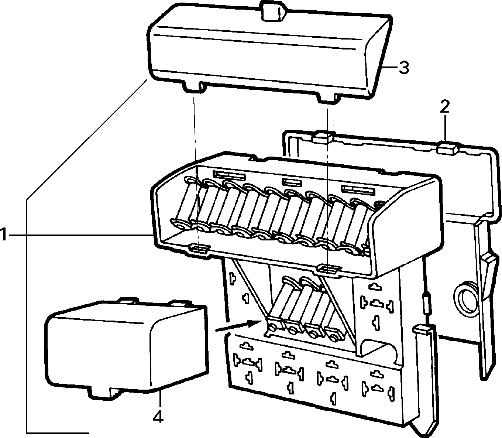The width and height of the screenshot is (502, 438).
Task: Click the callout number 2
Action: [x=444, y=106]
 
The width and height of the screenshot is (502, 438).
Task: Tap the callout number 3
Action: [x=403, y=67]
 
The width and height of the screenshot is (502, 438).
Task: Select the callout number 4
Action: [x=158, y=415]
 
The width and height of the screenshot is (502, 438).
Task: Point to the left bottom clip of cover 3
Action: [x=194, y=87]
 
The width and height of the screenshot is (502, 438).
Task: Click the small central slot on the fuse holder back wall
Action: [x=292, y=182]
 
